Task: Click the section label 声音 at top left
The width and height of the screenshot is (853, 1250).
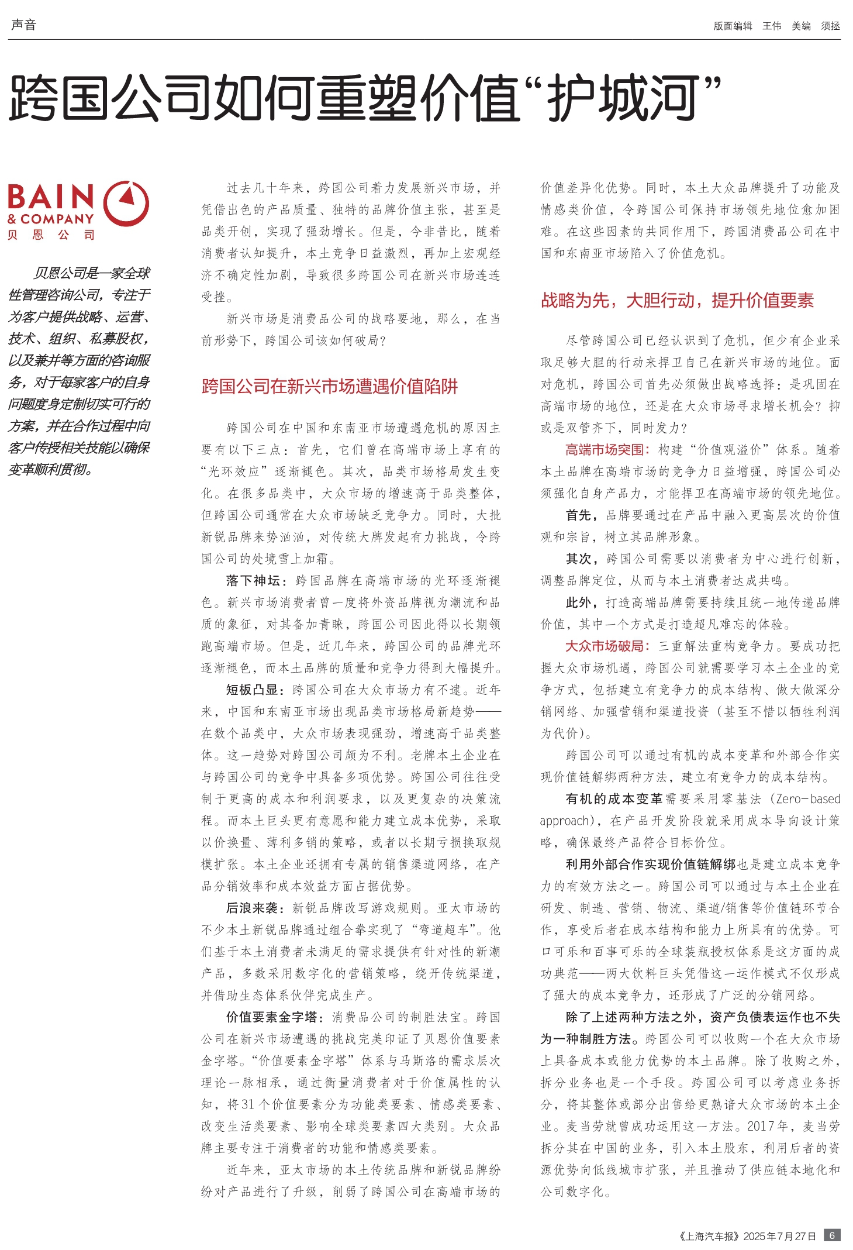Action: pyautogui.click(x=24, y=25)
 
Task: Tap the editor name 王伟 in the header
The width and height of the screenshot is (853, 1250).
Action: pyautogui.click(x=772, y=26)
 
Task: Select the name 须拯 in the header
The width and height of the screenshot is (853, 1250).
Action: pyautogui.click(x=830, y=26)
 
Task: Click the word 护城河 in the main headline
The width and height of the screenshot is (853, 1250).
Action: pyautogui.click(x=623, y=98)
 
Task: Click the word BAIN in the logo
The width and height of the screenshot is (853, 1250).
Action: pyautogui.click(x=51, y=197)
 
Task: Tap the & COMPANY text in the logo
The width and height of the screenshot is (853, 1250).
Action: pyautogui.click(x=51, y=219)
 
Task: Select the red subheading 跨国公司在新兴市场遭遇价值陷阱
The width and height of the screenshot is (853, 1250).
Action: pyautogui.click(x=330, y=386)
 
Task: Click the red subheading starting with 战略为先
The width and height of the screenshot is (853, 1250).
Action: pyautogui.click(x=677, y=300)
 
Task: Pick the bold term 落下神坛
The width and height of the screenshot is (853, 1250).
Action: pyautogui.click(x=253, y=580)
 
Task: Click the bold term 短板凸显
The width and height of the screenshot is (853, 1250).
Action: pyautogui.click(x=252, y=690)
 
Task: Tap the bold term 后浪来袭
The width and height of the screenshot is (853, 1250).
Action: pyautogui.click(x=252, y=908)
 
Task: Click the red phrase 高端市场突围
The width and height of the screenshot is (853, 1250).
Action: pyautogui.click(x=605, y=449)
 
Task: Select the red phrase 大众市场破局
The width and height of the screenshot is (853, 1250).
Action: pyautogui.click(x=605, y=646)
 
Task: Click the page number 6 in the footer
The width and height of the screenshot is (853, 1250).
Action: pyautogui.click(x=832, y=1235)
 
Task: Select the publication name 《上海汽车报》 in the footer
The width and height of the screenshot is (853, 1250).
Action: pyautogui.click(x=708, y=1236)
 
